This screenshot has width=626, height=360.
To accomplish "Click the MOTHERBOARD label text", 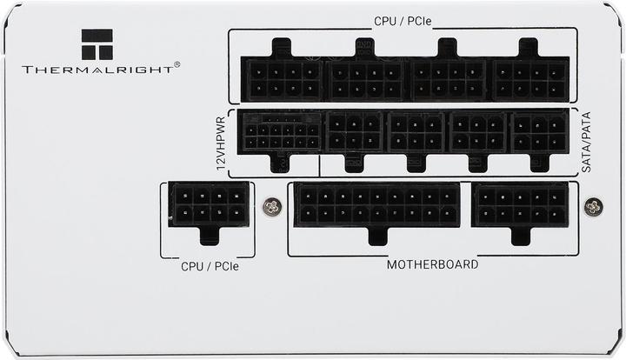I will tap(431, 263).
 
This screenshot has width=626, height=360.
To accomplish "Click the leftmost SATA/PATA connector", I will tap(354, 133).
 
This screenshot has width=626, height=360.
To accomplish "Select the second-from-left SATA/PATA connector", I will tap(416, 133).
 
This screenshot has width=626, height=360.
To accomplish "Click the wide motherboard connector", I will tap(377, 205).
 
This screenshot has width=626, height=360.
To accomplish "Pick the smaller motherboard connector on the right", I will tap(520, 205).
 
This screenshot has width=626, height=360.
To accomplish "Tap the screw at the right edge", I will tap(594, 207).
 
